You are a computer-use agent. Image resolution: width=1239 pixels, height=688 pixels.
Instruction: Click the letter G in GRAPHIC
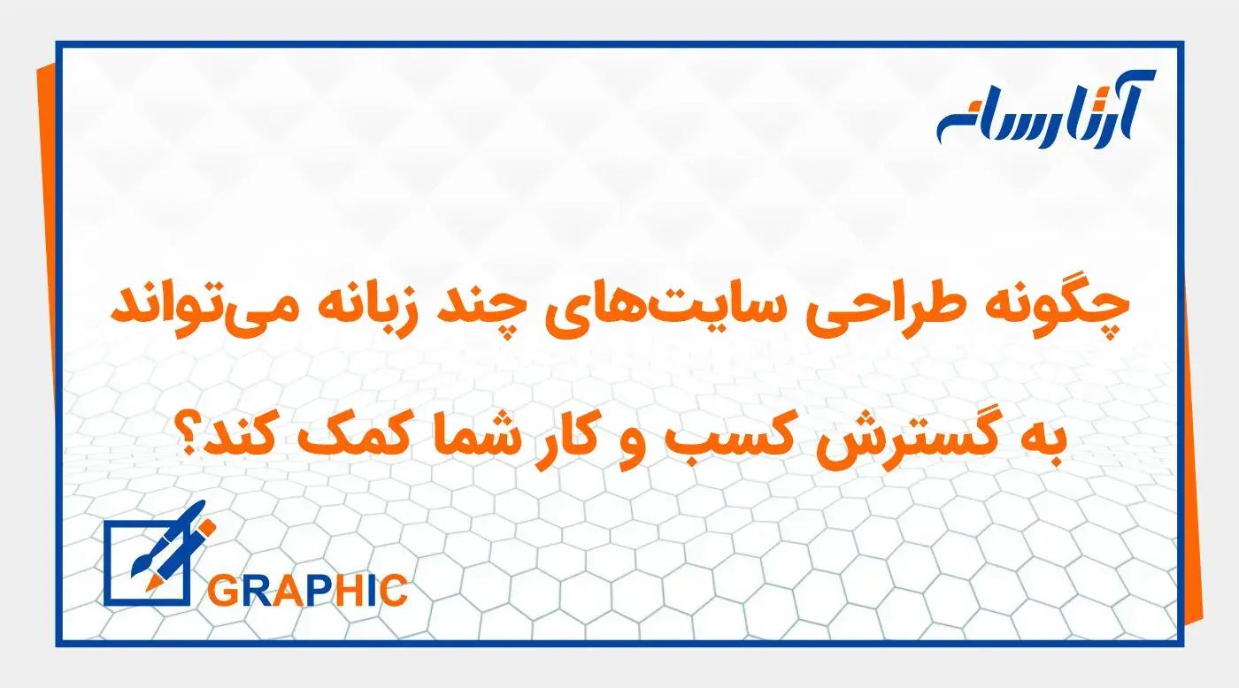222,590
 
